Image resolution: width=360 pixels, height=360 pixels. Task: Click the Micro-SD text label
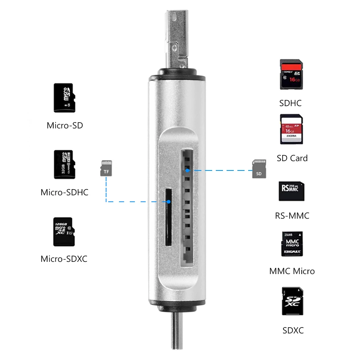65,126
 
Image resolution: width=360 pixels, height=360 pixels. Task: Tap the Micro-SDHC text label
64,192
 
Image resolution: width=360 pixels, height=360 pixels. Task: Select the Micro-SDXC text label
64,259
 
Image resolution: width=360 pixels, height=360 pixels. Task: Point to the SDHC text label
290,103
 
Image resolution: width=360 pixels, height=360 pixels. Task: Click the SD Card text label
292,158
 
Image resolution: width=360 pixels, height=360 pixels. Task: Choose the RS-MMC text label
292,216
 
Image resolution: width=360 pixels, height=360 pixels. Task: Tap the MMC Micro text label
292,271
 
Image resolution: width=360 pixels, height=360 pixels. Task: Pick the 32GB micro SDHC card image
63,164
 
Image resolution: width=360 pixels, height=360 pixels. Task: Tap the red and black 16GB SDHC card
290,74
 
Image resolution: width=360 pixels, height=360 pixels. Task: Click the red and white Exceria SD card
291,129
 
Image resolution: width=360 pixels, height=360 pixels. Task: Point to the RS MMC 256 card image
291,191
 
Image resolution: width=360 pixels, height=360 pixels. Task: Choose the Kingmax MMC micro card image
292,244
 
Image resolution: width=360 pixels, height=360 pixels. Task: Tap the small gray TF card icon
106,168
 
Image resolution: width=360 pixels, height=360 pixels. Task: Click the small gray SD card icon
259,169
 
